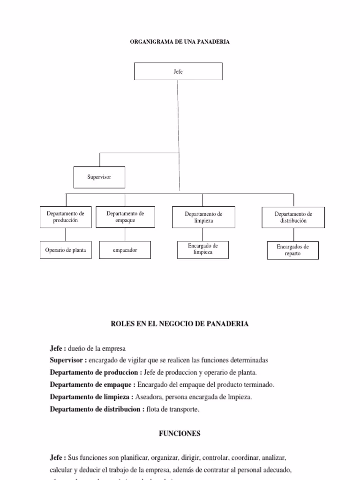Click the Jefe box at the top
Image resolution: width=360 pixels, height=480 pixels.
coord(178,72)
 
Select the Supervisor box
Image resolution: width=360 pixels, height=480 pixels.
coord(99,177)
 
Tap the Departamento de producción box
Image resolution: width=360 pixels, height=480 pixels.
coord(66,217)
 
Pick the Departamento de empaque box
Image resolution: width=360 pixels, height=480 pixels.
coord(125,217)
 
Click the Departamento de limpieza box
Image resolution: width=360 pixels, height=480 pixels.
coord(203,217)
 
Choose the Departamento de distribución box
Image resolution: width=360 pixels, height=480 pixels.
coord(293,217)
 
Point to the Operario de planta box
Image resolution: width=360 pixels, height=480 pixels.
coord(66,250)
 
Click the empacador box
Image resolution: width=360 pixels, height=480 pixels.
coord(125,250)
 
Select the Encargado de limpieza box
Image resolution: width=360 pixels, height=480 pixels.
coord(203,249)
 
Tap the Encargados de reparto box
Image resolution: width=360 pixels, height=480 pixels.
coord(293,250)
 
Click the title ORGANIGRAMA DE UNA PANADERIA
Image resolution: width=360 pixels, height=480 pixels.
coord(180,42)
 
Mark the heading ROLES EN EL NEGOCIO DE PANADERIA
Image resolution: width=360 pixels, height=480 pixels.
coord(180,324)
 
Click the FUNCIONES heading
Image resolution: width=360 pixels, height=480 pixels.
coord(180,434)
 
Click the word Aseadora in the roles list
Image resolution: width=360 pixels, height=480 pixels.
coord(149,397)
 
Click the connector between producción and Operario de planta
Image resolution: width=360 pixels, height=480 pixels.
coord(66,234)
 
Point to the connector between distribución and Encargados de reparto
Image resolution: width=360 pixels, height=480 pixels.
coord(293,235)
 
